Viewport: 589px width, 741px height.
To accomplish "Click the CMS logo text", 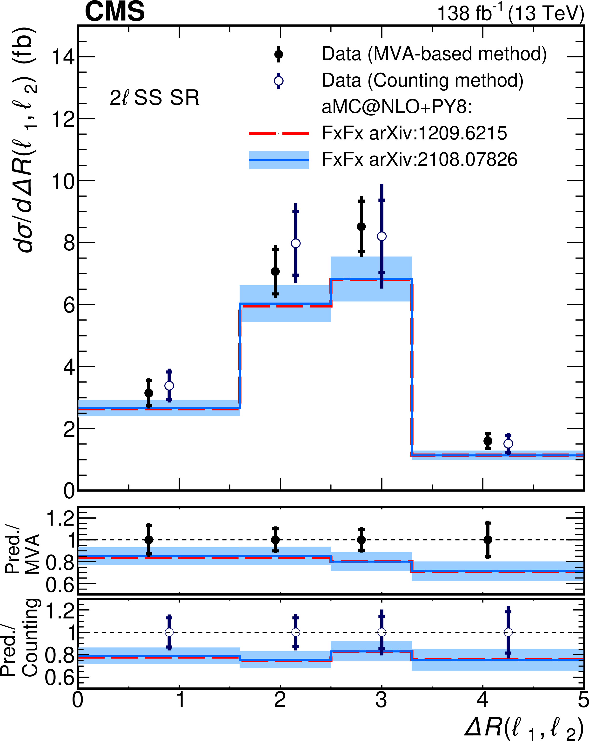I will pos(115,12).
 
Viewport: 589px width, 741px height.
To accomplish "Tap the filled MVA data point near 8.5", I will pos(361,226).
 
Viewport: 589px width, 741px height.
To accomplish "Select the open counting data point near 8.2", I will pos(382,236).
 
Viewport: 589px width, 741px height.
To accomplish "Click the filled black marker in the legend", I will pos(279,54).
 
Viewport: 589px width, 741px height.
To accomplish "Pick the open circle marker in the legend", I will pos(279,81).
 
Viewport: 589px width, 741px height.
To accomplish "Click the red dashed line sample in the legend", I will pos(279,133).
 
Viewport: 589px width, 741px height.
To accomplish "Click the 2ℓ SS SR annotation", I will pos(154,98).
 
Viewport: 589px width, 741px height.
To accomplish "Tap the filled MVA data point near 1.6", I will pos(488,441).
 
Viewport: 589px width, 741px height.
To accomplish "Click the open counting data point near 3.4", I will pos(169,386).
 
